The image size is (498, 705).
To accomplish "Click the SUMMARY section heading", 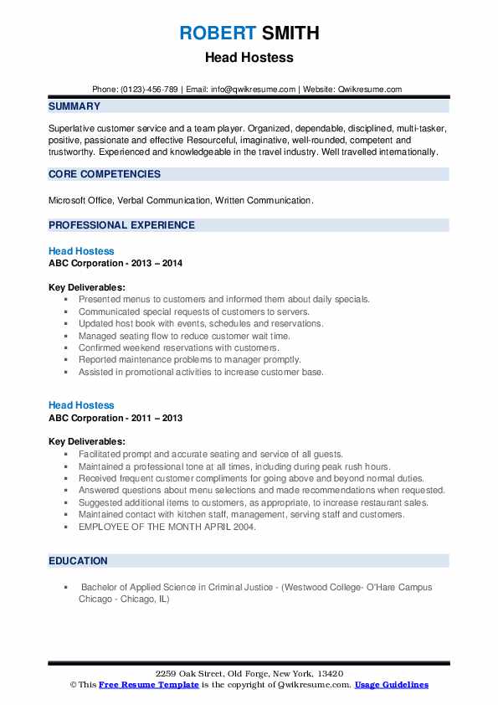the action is [74, 106].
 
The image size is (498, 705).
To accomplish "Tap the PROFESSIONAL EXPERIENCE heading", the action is [121, 225].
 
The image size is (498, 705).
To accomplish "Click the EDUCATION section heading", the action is [78, 561].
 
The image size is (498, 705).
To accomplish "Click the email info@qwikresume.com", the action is [254, 89].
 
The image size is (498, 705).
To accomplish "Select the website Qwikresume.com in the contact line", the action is [372, 89].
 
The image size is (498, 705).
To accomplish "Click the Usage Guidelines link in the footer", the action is [391, 685].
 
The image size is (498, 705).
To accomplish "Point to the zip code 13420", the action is [329, 674].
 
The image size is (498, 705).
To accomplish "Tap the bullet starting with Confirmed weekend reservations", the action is [178, 347].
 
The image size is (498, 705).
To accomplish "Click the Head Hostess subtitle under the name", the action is [249, 59].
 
